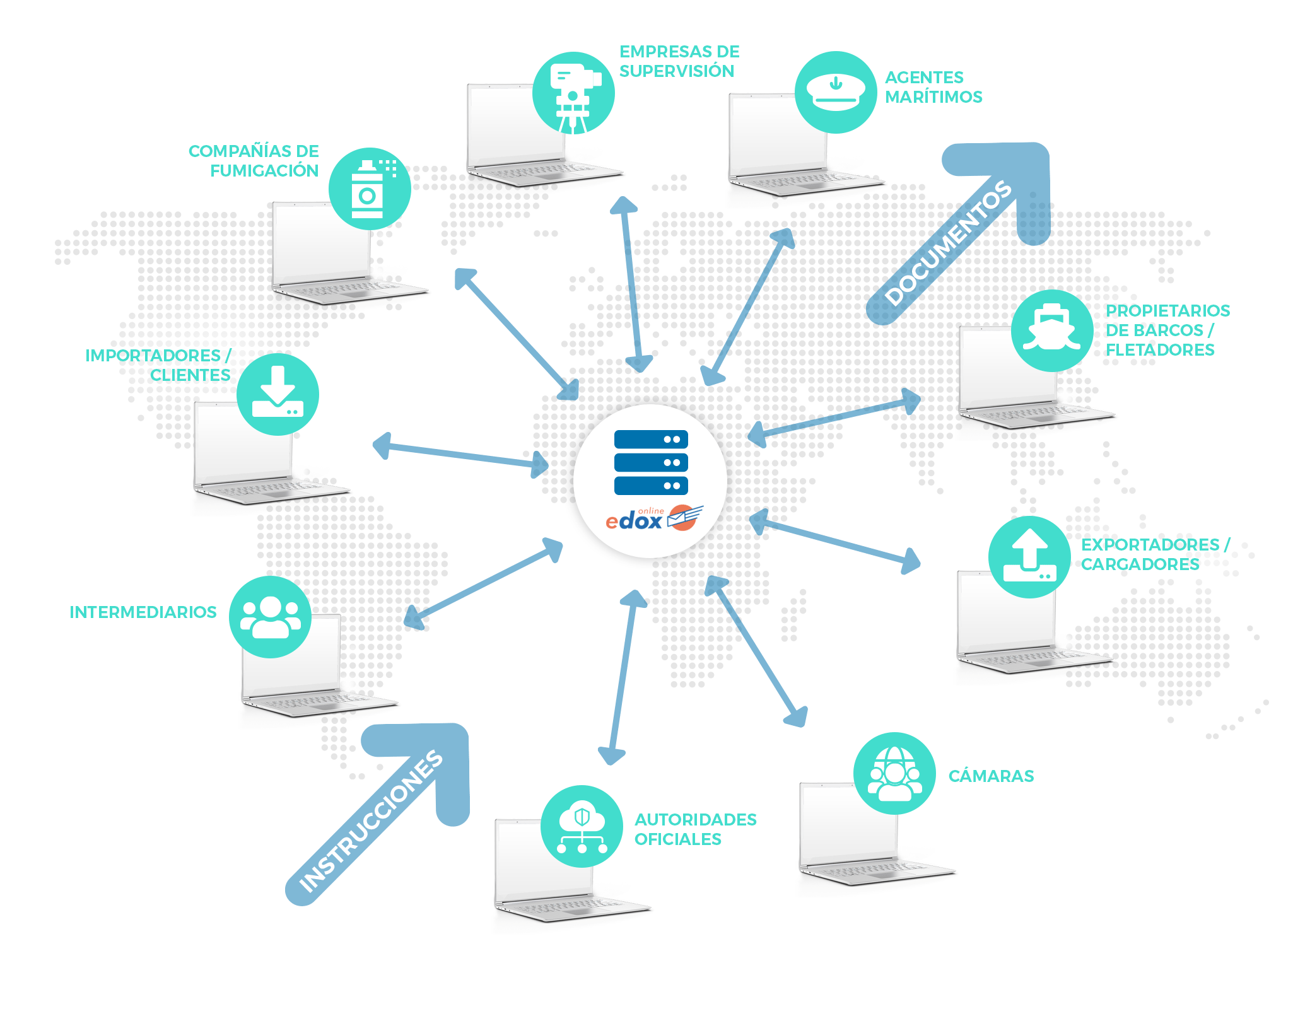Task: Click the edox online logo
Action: point(653,519)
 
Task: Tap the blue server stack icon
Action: point(651,462)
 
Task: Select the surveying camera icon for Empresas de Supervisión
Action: point(573,93)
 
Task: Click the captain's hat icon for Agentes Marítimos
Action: point(836,92)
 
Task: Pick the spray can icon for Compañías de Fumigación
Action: point(370,189)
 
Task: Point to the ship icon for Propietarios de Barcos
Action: point(1051,330)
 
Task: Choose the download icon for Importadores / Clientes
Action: point(278,394)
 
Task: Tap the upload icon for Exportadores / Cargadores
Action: point(1029,557)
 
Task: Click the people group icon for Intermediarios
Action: point(270,617)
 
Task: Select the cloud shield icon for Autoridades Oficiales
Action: point(582,826)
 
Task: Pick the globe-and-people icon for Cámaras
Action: point(894,773)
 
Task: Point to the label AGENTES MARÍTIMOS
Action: point(933,87)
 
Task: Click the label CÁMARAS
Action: point(991,776)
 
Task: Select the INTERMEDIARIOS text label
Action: point(143,612)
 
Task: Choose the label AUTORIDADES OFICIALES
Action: point(695,829)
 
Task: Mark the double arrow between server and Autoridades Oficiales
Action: point(623,678)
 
